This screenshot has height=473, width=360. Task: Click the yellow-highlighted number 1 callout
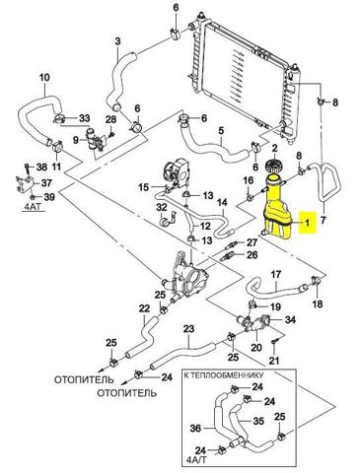pos(307,223)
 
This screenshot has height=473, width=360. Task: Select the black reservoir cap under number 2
pos(274,166)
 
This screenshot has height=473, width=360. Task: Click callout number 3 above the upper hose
pos(117,41)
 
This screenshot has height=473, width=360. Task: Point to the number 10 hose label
pos(44,78)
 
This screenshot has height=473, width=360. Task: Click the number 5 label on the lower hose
pos(221,130)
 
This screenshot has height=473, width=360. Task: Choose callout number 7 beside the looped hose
pos(323,220)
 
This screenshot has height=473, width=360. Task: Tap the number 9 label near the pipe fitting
pos(76,140)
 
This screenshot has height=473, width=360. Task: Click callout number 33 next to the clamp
pos(84,118)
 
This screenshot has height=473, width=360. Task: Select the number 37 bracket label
pos(46,182)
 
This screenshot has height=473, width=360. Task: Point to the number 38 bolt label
pos(42,168)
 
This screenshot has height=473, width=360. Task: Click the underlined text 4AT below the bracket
pos(32,209)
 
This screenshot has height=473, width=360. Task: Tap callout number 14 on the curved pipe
pos(222,202)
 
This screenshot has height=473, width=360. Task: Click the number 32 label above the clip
pos(162,207)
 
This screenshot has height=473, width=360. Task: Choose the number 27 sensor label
pos(252,242)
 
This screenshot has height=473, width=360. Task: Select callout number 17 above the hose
pos(276,274)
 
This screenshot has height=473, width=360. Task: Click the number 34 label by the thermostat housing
pos(290,319)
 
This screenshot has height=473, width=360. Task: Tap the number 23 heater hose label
pos(188,328)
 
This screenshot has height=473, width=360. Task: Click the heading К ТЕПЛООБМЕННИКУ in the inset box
pos(224,374)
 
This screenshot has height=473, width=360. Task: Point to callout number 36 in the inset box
pos(195,428)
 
